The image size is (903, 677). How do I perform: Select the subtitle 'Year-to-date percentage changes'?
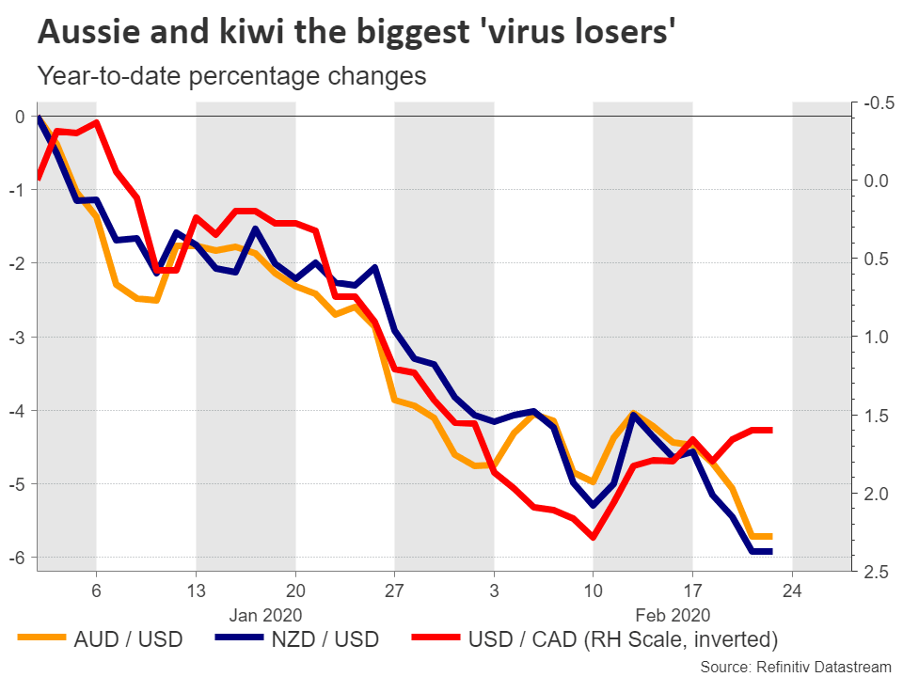231,76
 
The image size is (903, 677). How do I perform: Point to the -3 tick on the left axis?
18,337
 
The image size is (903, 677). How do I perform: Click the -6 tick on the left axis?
18,558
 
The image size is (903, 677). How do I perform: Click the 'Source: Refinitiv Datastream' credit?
796,666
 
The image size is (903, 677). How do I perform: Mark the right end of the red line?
771,430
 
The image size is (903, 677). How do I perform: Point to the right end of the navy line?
771,551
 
